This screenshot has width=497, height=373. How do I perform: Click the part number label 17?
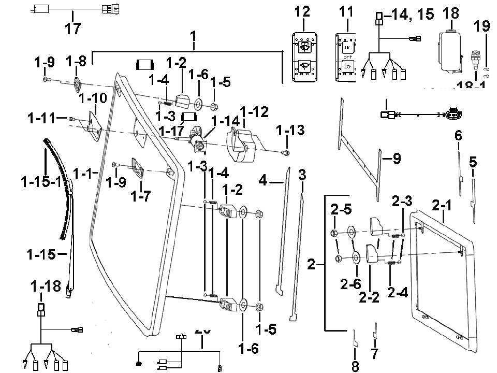73,28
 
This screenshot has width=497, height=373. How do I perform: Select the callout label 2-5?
341,210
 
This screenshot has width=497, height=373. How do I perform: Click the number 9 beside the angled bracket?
396,159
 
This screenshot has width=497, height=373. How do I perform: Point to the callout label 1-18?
46,285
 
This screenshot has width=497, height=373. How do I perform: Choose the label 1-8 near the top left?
76,62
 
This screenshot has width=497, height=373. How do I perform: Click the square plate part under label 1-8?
79,83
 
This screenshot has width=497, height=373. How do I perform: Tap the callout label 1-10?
93,98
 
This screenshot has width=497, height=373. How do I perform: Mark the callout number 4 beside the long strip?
264,181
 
